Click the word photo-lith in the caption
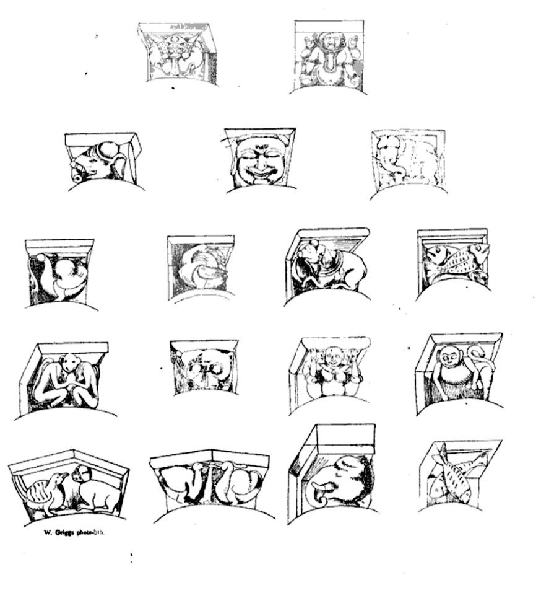click(x=91, y=531)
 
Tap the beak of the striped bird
click(x=63, y=477)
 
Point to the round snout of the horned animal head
click(x=77, y=176)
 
